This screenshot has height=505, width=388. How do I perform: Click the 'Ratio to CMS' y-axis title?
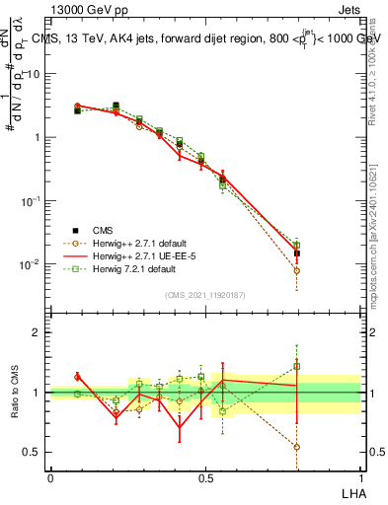[14, 393]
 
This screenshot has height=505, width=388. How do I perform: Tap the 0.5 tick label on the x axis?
[205, 477]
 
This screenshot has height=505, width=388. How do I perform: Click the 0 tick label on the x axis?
[50, 477]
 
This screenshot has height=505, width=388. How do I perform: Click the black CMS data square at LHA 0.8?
[296, 253]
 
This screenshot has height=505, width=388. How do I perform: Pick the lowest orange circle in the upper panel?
[296, 270]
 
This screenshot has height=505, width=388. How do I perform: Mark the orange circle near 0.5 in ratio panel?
[296, 447]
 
